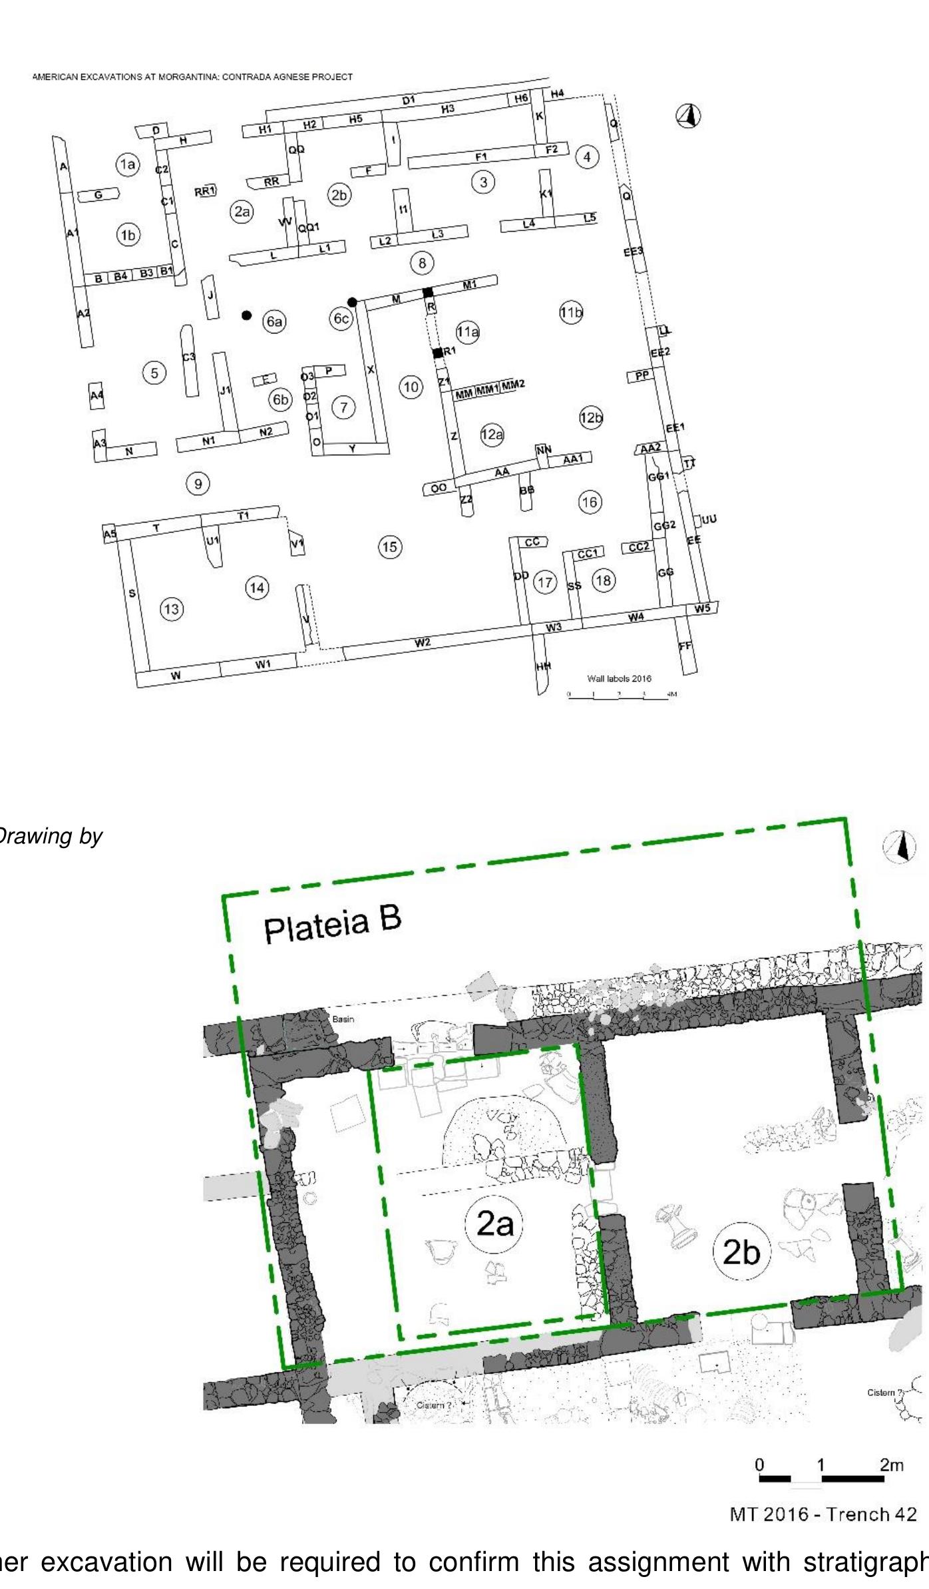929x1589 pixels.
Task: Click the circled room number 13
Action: (172, 608)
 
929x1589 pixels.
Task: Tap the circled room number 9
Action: (198, 483)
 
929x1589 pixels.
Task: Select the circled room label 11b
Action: (571, 312)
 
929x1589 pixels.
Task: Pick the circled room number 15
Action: (390, 547)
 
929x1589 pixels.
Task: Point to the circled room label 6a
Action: (274, 322)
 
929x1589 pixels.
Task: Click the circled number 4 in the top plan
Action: (586, 157)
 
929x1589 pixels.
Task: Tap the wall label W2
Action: (422, 642)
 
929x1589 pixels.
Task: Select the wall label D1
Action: (408, 101)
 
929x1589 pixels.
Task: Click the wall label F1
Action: (481, 157)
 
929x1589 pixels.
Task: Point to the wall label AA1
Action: (572, 459)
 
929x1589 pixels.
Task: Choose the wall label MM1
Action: (487, 389)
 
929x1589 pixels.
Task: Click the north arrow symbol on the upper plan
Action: (689, 116)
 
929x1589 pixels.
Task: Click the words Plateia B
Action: (333, 925)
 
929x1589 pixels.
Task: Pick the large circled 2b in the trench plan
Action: (741, 1252)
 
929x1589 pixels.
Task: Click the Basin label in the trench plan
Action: (343, 1019)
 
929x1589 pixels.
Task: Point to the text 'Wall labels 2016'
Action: (619, 678)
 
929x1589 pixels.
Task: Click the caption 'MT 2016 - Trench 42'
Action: (823, 1514)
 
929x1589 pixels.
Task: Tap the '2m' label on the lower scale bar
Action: (891, 1465)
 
